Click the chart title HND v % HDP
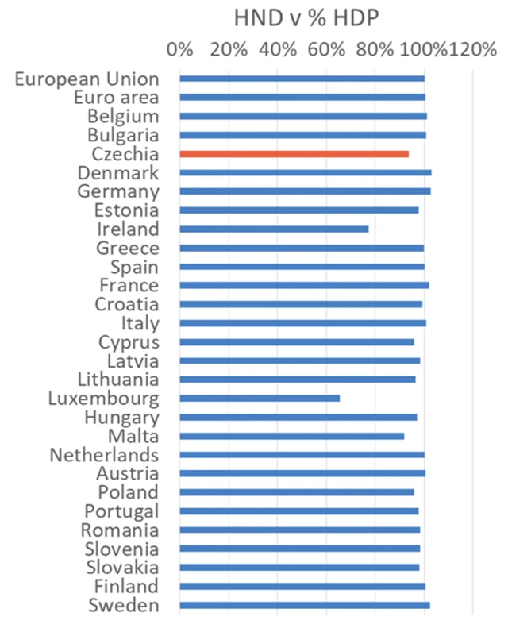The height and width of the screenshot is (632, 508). point(307,17)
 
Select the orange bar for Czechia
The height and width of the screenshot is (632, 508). point(294,154)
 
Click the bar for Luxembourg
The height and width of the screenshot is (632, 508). point(260,398)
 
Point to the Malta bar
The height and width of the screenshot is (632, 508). point(291,436)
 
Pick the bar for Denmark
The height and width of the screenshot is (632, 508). point(305,172)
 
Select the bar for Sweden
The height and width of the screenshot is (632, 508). point(304,605)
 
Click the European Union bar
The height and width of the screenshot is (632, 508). point(302,79)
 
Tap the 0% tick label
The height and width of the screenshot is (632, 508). point(180,49)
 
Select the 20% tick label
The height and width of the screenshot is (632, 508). point(229,49)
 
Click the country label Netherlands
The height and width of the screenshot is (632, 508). point(104,455)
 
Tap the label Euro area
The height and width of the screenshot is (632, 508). point(116,98)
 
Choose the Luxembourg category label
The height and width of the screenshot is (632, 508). point(103,399)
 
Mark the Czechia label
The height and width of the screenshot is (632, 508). point(125,154)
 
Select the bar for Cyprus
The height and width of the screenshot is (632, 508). point(296,342)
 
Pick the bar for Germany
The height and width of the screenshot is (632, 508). point(305,191)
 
